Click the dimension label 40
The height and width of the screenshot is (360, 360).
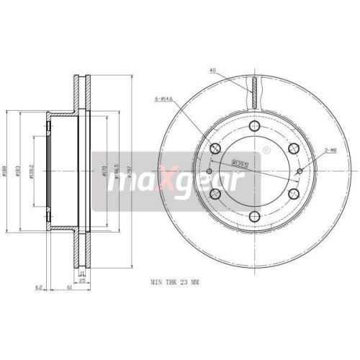213,71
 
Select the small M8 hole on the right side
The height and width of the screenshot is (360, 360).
302,171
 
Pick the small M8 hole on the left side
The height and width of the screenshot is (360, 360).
208,171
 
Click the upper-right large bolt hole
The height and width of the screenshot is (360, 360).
294,148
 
